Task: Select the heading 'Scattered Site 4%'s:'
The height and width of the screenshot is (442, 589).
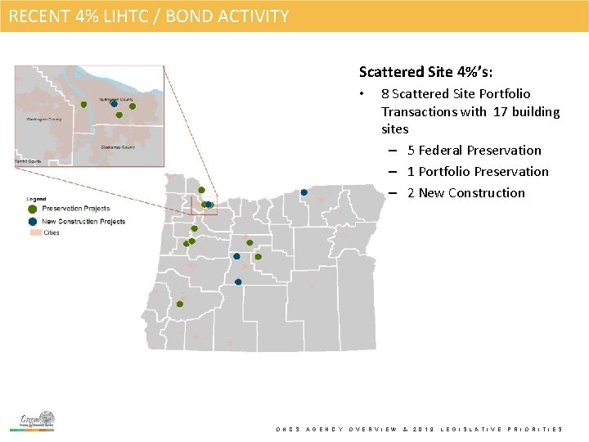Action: (425, 72)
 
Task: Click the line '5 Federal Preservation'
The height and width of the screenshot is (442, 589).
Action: (474, 150)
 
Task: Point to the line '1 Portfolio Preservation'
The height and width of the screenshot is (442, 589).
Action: (478, 171)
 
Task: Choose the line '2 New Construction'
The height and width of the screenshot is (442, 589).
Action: (466, 192)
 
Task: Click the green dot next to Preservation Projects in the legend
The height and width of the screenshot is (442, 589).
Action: (33, 209)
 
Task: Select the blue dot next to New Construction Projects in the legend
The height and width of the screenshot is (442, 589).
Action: (33, 221)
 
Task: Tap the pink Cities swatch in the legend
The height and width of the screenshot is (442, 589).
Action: (34, 232)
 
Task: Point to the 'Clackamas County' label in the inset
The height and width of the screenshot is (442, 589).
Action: (118, 147)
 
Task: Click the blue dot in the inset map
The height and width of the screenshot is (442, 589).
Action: (114, 104)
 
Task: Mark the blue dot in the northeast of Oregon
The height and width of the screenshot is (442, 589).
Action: (303, 193)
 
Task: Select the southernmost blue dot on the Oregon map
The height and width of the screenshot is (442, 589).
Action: (238, 282)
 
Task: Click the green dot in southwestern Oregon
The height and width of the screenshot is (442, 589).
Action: (179, 304)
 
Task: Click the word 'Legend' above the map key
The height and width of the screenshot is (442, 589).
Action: (36, 199)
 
